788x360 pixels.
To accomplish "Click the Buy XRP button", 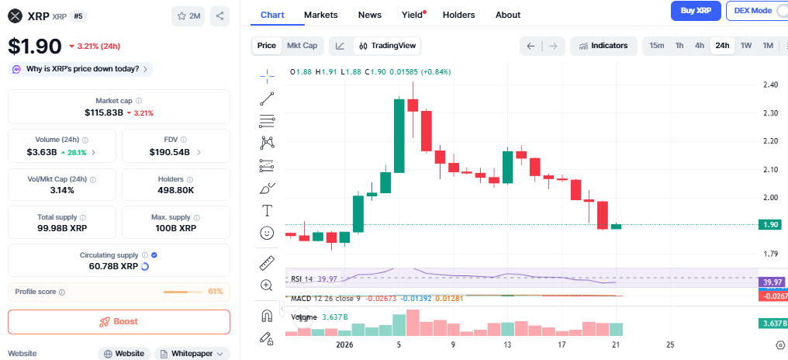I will [696, 11].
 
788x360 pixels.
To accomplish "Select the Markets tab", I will [320, 15].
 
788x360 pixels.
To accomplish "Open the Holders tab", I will [458, 15].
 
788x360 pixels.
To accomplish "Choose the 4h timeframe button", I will [700, 46].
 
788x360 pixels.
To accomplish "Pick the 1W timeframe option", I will [746, 46].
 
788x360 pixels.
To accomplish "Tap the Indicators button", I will [603, 46].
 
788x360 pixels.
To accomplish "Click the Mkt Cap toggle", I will [302, 46].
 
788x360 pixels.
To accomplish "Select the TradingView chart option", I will [387, 46].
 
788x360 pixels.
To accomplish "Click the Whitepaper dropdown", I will [192, 354].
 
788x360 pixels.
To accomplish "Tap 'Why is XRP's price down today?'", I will [81, 69].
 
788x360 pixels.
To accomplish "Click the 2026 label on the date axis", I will [345, 344].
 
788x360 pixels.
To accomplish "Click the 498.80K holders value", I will [175, 190].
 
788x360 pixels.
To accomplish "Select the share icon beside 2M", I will [219, 16].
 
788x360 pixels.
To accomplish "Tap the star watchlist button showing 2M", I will [188, 16].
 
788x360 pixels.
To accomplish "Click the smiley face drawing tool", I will [267, 233].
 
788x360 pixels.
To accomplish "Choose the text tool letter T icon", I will [267, 210].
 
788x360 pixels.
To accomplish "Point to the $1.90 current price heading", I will [35, 46].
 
